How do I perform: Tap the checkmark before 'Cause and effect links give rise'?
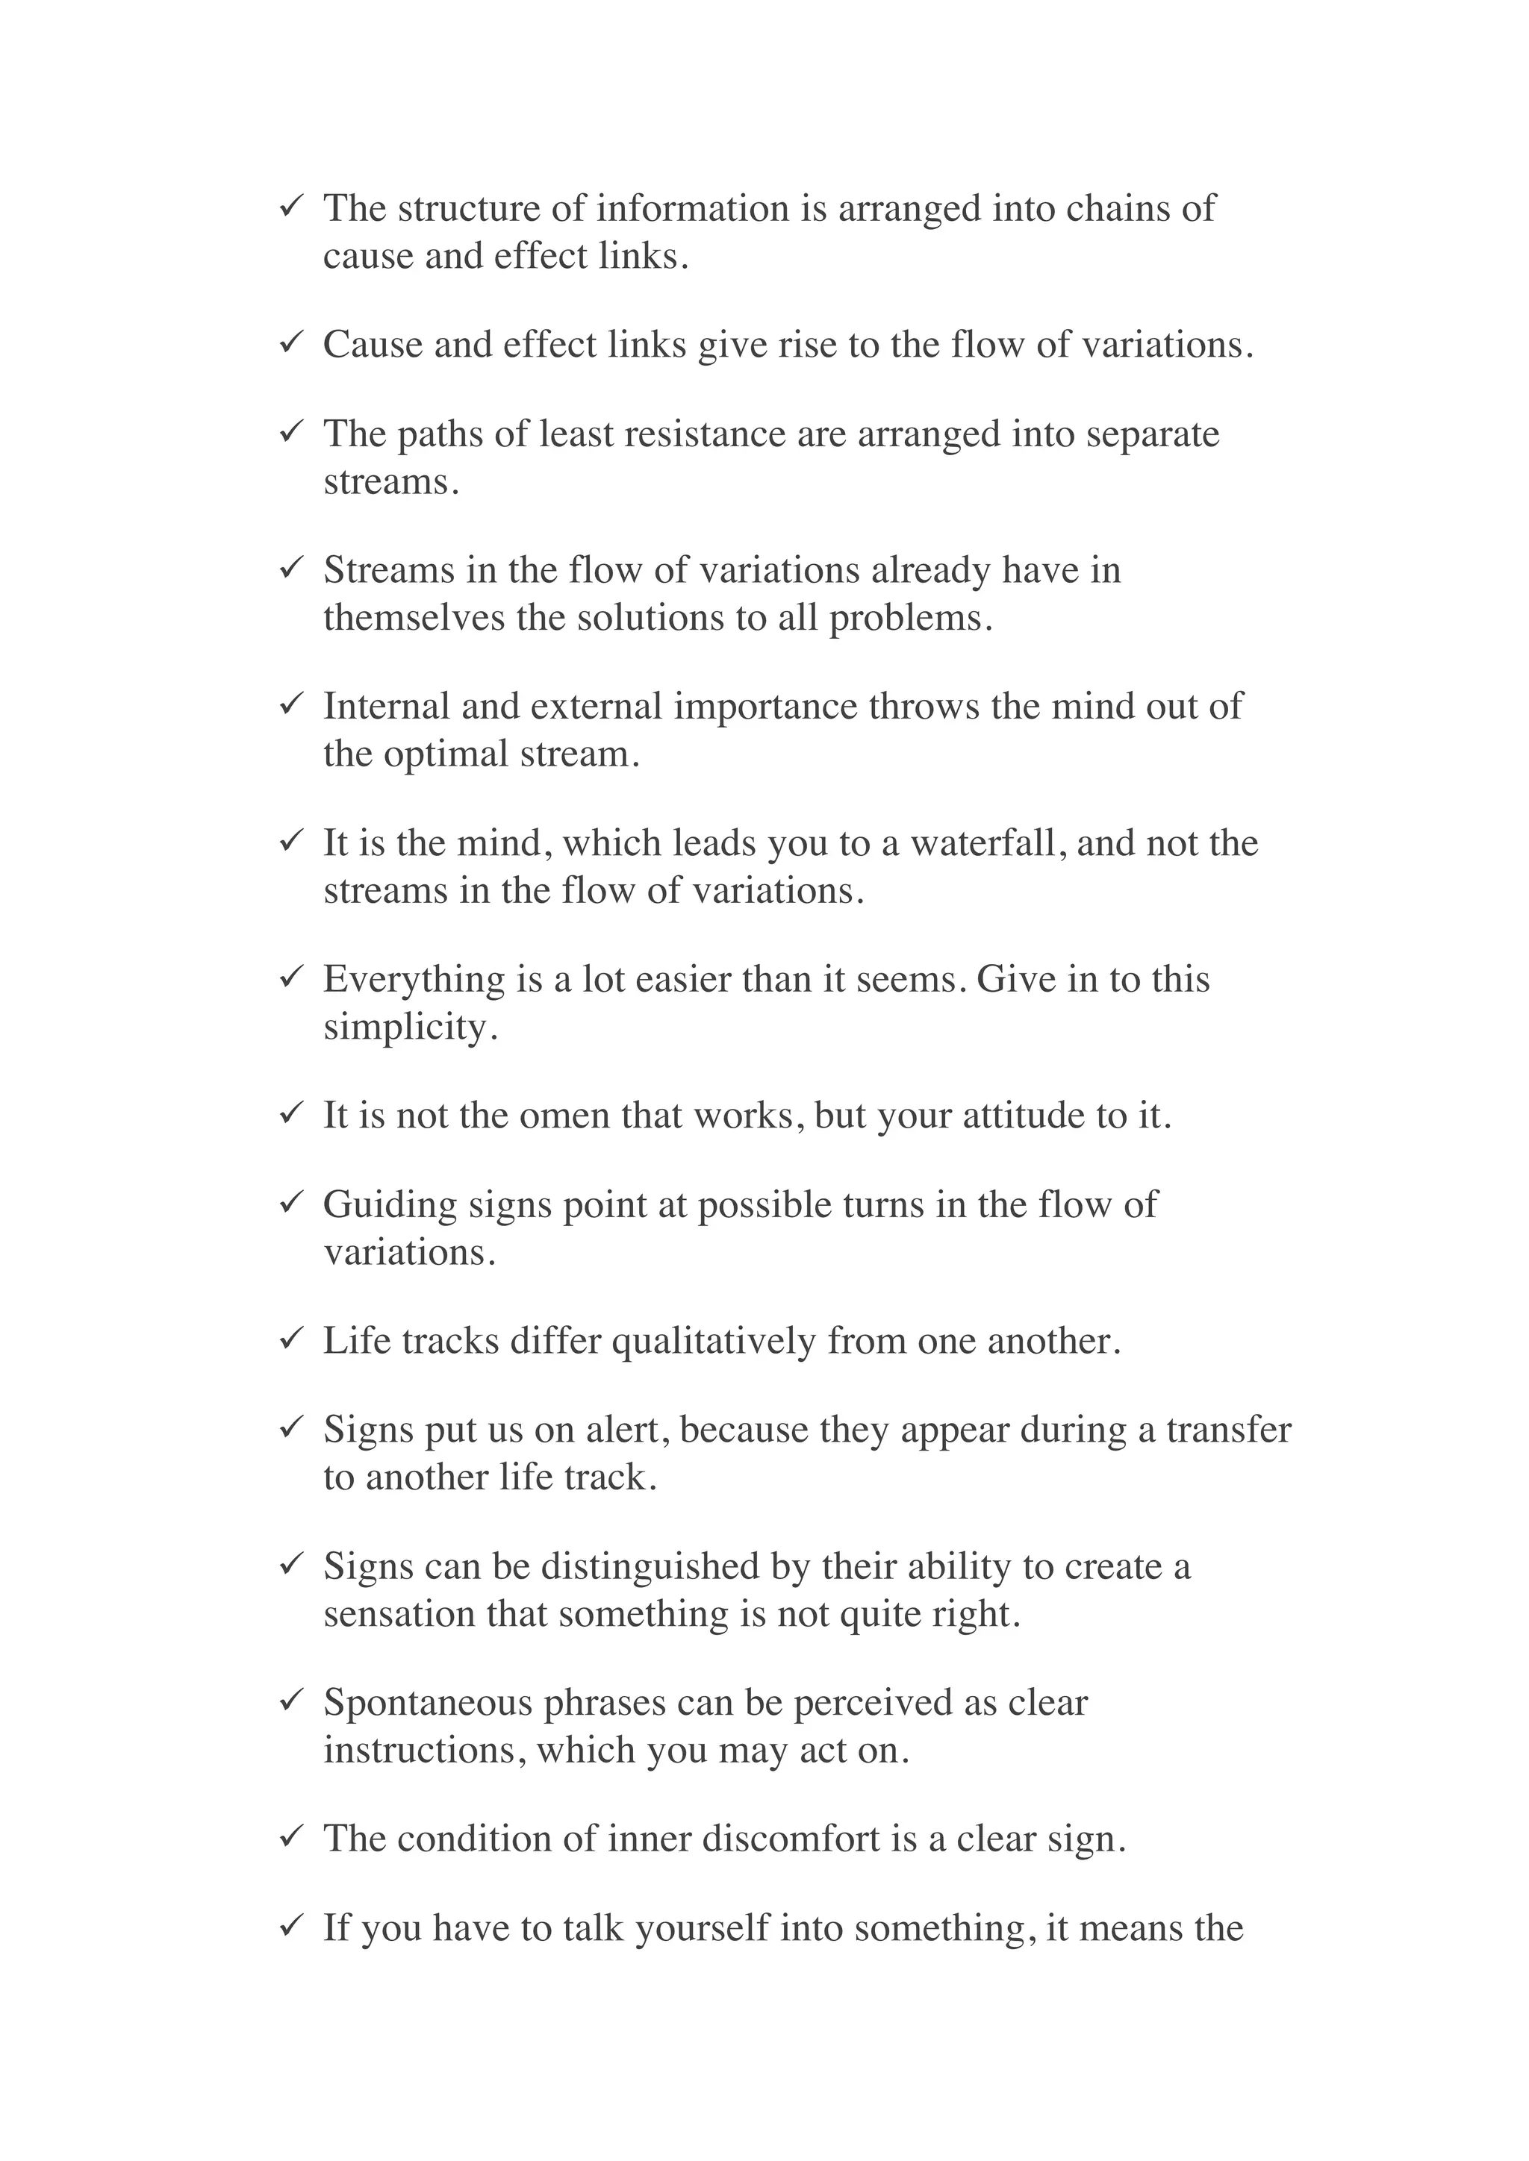pyautogui.click(x=290, y=342)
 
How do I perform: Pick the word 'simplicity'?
pyautogui.click(x=405, y=1028)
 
